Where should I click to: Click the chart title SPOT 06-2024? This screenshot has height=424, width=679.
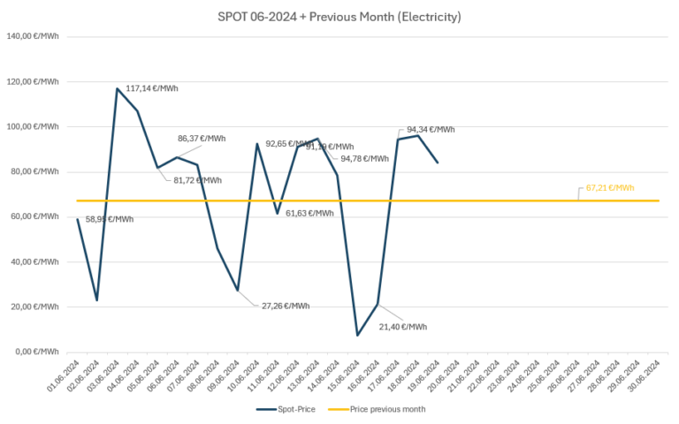[x=339, y=17]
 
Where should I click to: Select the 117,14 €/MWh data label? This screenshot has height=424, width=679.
[x=152, y=88]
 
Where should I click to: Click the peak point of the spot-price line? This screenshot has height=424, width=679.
[x=118, y=88]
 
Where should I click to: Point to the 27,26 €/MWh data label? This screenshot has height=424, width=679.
[x=285, y=306]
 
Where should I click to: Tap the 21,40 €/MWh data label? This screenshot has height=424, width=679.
[x=402, y=327]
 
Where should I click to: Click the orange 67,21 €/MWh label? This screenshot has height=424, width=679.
[x=610, y=188]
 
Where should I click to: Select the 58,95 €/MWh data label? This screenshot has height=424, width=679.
[x=109, y=219]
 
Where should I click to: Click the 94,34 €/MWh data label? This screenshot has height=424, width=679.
[x=431, y=130]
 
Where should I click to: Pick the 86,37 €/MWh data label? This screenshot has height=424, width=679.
[x=202, y=139]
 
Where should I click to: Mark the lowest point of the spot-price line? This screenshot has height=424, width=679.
[x=358, y=335]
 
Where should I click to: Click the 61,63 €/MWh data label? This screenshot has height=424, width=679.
[x=309, y=213]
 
